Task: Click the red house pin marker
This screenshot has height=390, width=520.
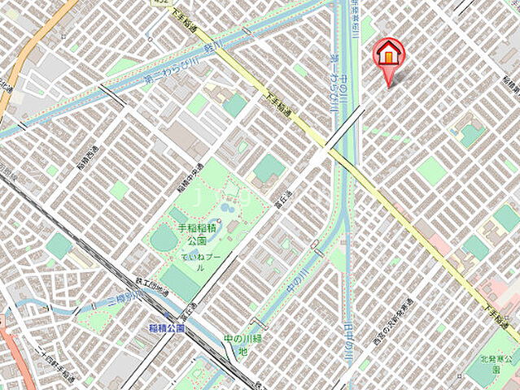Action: click(388, 54)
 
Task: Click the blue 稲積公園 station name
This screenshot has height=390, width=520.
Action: click(167, 328)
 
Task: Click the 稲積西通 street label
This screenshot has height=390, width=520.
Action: click(86, 151)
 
